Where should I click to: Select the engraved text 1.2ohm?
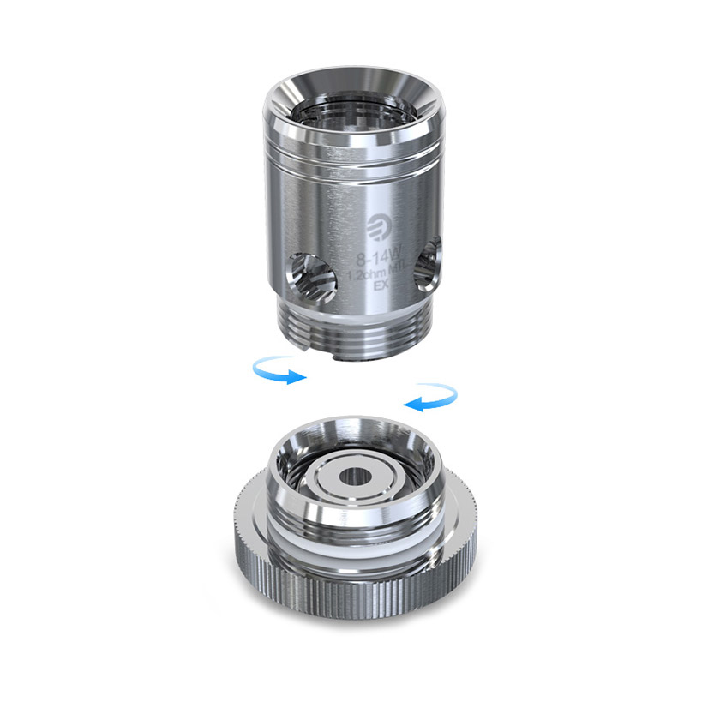click(362, 274)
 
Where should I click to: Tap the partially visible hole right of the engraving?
click(426, 264)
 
